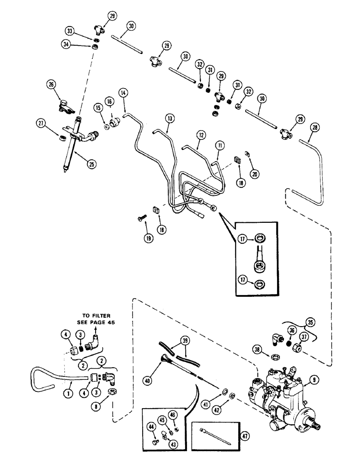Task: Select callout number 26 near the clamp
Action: click(51, 84)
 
